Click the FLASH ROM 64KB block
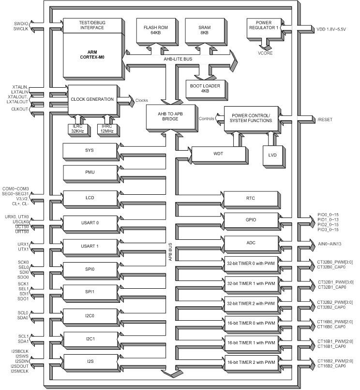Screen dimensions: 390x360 [152, 30]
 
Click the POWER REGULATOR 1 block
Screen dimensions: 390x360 [263, 27]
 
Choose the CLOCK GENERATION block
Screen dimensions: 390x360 [91, 99]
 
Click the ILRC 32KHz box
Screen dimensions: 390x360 [77, 128]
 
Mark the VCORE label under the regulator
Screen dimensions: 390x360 [266, 53]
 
